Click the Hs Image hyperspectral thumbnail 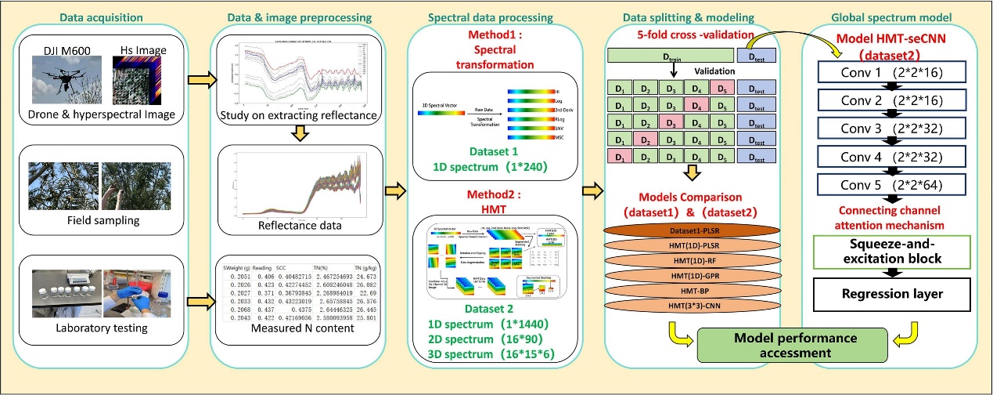click(x=139, y=78)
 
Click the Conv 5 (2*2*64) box click(x=889, y=185)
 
